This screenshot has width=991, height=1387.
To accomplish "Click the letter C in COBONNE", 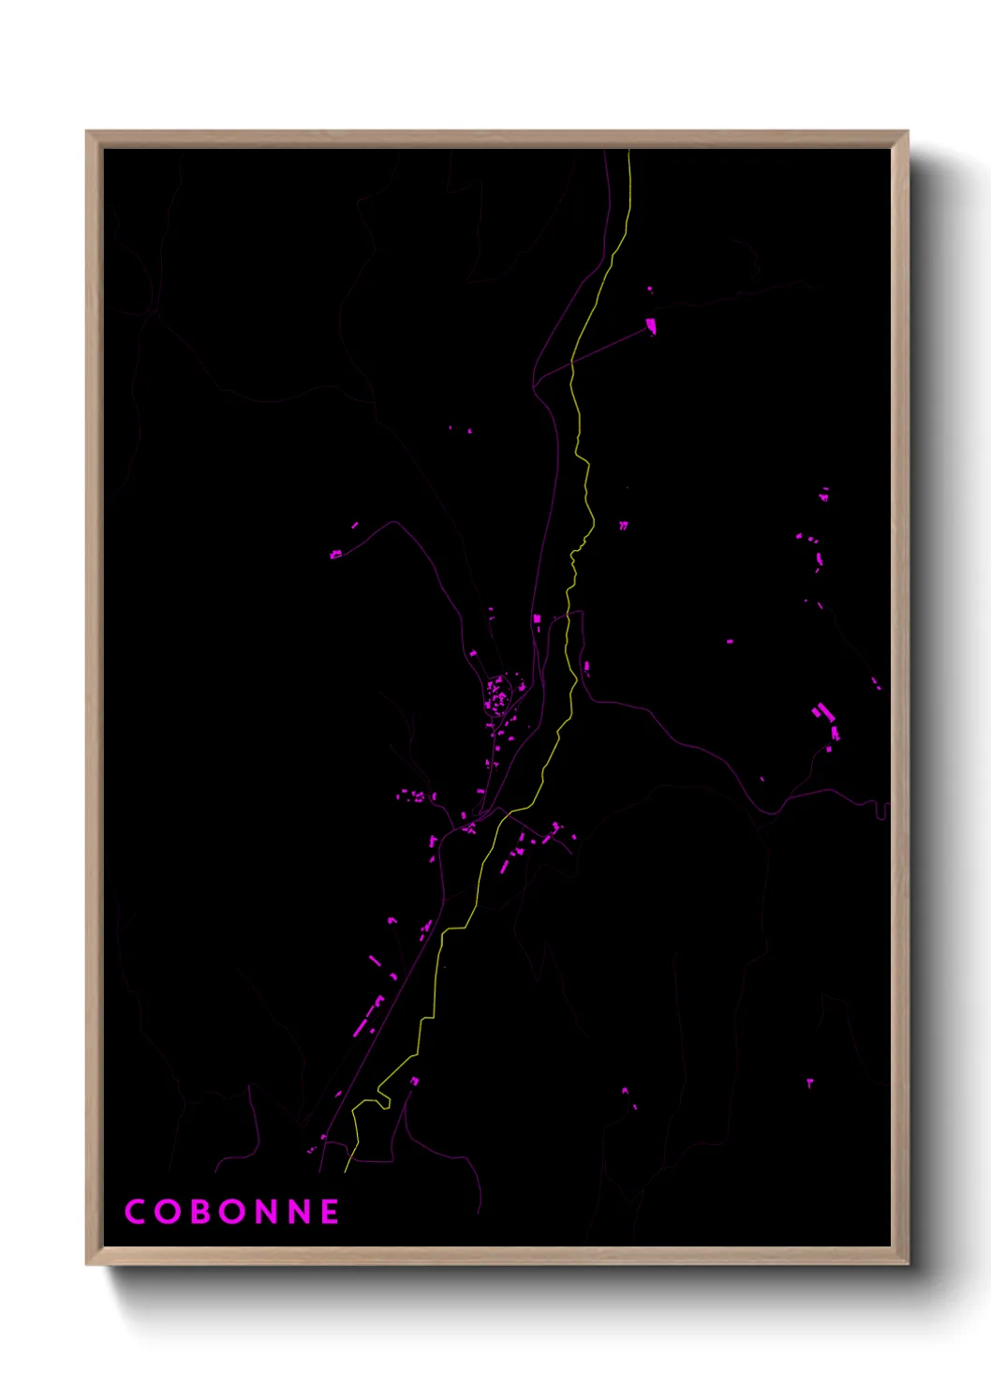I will pyautogui.click(x=135, y=1212).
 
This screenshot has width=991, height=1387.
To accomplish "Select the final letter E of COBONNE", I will pyautogui.click(x=330, y=1212).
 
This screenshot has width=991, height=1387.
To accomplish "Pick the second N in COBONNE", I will pyautogui.click(x=298, y=1212).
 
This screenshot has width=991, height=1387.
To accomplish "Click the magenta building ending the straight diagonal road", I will pyautogui.click(x=651, y=326).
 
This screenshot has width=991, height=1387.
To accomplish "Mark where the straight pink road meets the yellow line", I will pyautogui.click(x=571, y=361).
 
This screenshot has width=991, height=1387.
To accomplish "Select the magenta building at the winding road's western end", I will pyautogui.click(x=335, y=555).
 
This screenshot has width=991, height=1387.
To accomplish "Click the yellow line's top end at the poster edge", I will pyautogui.click(x=629, y=151).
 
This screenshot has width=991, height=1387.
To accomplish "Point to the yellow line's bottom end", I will pyautogui.click(x=345, y=1171).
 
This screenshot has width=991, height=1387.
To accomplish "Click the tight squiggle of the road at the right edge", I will pyautogui.click(x=882, y=808).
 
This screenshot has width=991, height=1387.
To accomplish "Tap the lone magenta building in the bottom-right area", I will pyautogui.click(x=810, y=1083).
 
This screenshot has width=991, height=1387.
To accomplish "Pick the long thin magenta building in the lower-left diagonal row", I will pyautogui.click(x=360, y=1027).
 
